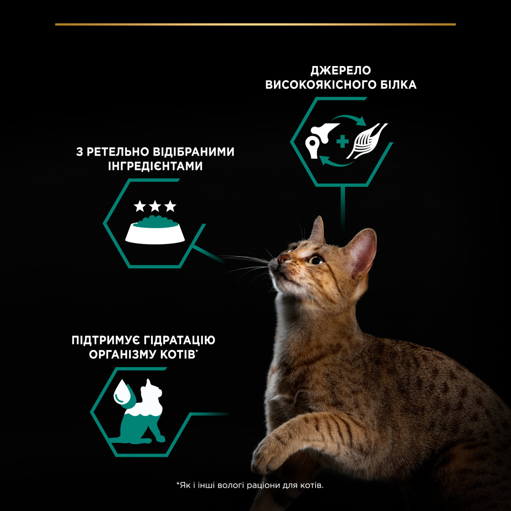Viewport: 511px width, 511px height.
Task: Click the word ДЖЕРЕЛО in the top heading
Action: [x=341, y=70]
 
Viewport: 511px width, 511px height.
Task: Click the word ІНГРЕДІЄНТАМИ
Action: [x=155, y=166]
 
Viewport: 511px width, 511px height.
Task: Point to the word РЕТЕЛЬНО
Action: [x=124, y=152]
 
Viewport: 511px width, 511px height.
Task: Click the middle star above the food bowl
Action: [x=155, y=207]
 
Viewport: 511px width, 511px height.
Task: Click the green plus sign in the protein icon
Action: [x=342, y=142]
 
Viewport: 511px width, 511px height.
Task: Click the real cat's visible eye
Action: [x=316, y=260]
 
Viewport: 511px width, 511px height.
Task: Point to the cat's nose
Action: [x=282, y=258]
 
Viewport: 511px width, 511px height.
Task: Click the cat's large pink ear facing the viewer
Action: [x=362, y=251]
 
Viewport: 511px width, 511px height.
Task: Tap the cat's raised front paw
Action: [x=273, y=451]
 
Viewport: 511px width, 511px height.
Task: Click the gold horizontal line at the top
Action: [x=255, y=24]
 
